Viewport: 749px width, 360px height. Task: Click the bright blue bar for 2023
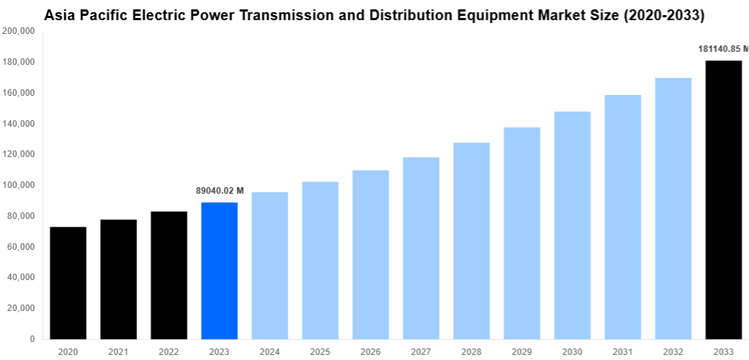[x=219, y=271]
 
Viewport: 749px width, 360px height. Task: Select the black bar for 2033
[x=723, y=199]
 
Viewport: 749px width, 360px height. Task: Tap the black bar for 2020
[x=68, y=283]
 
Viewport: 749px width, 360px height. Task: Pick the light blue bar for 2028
[x=471, y=240]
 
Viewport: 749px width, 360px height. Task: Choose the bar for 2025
[x=320, y=260]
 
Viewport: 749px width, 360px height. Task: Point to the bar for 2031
[x=622, y=217]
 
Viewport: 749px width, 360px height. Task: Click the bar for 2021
[x=118, y=279]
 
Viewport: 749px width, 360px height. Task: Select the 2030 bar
[x=572, y=225]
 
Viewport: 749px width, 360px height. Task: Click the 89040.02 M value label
[x=220, y=191]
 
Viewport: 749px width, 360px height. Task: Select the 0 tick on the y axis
[x=32, y=338]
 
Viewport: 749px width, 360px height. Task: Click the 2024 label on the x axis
[x=269, y=351]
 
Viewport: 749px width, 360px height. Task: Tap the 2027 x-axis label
[x=421, y=351]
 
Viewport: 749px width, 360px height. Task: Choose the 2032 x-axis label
[x=673, y=351]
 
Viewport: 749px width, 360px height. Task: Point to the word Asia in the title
[x=60, y=14]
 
